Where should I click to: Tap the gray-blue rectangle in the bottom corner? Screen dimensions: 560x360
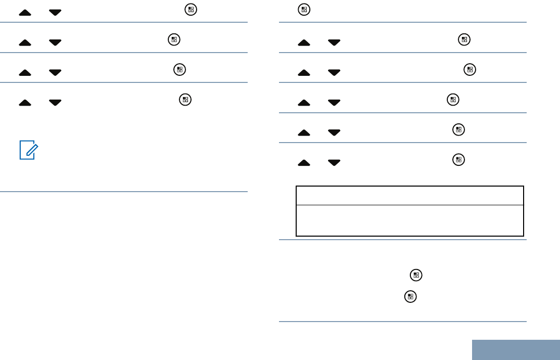[516, 349]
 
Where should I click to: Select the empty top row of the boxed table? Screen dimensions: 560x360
[409, 196]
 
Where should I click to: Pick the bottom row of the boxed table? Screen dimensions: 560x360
[409, 220]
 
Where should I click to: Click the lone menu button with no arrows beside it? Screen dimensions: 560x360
[304, 9]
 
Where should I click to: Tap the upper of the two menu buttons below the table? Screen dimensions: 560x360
[415, 275]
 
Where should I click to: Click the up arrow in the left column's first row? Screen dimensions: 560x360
[25, 13]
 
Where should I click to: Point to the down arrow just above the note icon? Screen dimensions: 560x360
[55, 103]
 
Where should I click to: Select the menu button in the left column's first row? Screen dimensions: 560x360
[191, 10]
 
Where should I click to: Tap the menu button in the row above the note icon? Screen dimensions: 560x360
[185, 100]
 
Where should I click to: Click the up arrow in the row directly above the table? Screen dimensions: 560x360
[304, 163]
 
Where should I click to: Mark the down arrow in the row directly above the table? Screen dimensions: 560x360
[334, 163]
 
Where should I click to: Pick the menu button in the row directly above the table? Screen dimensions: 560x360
[458, 160]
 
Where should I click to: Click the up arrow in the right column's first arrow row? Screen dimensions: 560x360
[304, 42]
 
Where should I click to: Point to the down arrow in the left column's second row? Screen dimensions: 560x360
[55, 42]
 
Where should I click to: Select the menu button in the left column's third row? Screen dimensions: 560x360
[179, 70]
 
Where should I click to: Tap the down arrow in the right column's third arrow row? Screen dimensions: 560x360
[334, 103]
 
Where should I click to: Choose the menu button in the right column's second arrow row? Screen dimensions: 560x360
[470, 70]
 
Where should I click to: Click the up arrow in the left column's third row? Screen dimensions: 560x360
[25, 73]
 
